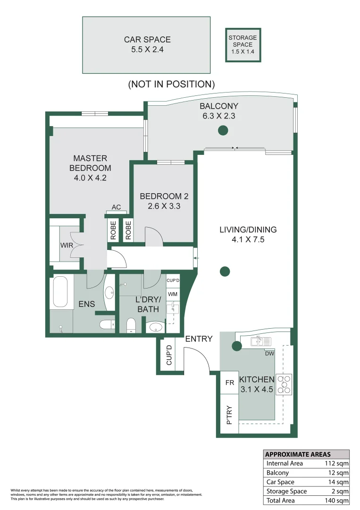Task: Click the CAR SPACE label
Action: coord(147,40)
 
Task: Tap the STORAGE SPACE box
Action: coord(243,44)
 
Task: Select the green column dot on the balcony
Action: coord(223,131)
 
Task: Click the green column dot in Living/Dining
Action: coord(225,272)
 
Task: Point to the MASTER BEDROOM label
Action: coord(90,163)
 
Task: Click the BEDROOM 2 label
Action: coord(161,196)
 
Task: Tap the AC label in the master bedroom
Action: coord(116,207)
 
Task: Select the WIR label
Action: coord(66,246)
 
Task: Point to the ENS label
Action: coord(86,304)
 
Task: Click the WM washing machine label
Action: coord(172,294)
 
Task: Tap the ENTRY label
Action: coord(199,339)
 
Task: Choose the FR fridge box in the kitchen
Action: coord(230,383)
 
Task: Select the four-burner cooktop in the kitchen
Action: coord(285,384)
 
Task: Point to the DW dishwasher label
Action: coord(269,353)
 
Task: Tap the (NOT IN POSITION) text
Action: coord(171,84)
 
